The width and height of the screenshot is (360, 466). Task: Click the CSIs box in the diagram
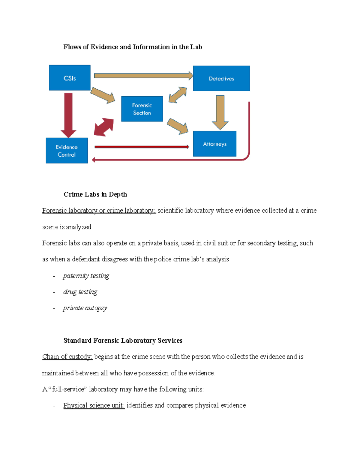(70, 78)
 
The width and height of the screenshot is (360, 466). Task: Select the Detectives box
(221, 78)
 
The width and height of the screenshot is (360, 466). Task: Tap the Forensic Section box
(142, 109)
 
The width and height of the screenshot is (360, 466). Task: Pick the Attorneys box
(214, 144)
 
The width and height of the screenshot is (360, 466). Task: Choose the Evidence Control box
(67, 151)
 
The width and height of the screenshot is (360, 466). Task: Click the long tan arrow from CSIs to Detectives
(143, 76)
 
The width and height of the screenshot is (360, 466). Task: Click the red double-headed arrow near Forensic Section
(104, 127)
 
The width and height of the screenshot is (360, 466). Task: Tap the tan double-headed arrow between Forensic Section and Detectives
(178, 95)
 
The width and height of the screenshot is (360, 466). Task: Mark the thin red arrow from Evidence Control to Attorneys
(142, 147)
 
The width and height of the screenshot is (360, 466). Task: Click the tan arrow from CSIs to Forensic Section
(103, 95)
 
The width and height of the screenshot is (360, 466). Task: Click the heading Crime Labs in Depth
(95, 194)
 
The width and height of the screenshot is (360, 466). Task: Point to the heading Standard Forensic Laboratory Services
(123, 341)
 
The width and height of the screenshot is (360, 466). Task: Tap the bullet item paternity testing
(86, 276)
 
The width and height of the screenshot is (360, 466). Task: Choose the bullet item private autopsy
(85, 308)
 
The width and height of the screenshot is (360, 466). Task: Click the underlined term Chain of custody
(67, 357)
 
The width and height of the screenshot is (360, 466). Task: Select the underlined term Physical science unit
(94, 405)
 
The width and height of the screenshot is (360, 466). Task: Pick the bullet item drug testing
(80, 292)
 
